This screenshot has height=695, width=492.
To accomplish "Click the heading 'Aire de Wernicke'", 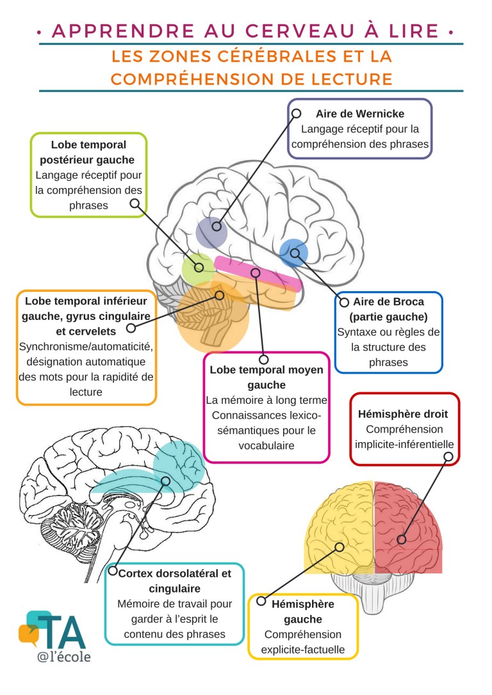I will pyautogui.click(x=359, y=113).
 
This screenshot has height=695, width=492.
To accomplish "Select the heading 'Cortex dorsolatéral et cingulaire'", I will pyautogui.click(x=174, y=580).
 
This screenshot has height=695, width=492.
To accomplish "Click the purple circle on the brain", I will pyautogui.click(x=212, y=232).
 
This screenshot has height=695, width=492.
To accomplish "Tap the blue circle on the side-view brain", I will pyautogui.click(x=294, y=253).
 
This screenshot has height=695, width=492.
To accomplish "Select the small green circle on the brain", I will pyautogui.click(x=197, y=268).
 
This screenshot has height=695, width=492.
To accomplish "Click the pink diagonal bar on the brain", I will pyautogui.click(x=256, y=273).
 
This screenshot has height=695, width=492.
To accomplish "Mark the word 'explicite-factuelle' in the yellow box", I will pyautogui.click(x=302, y=650).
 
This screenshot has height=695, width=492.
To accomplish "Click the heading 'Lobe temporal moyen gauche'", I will pyautogui.click(x=266, y=378).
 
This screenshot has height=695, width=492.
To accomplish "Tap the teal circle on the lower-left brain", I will pyautogui.click(x=177, y=462).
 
